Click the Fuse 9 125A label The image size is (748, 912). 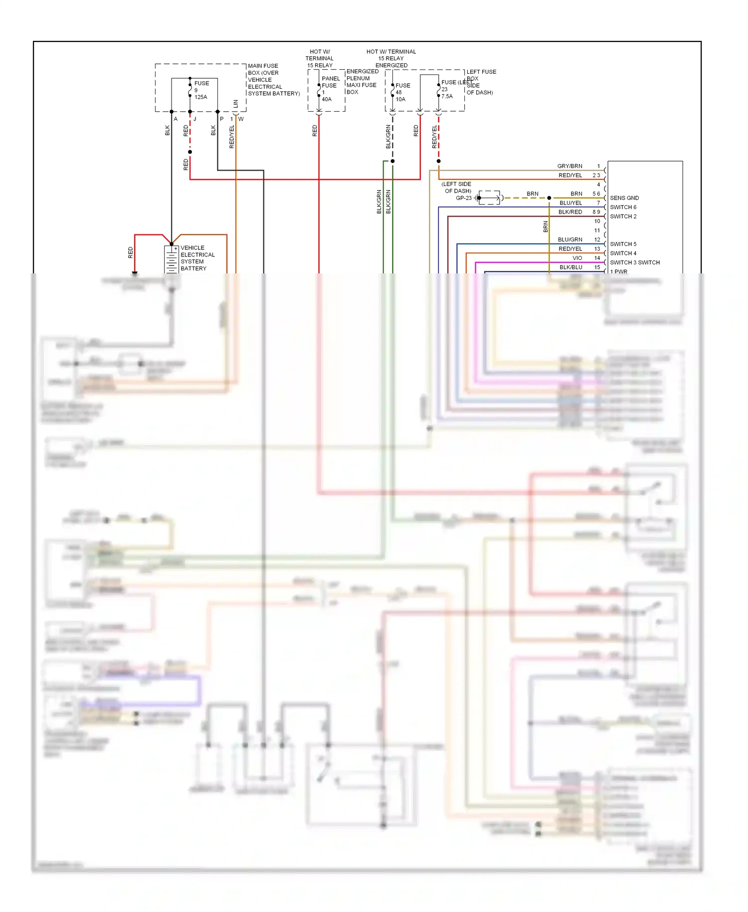click(201, 90)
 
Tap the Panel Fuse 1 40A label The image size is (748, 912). click(330, 89)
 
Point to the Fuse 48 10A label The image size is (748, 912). click(402, 92)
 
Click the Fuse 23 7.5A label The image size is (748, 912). click(448, 89)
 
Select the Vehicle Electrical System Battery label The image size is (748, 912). click(197, 258)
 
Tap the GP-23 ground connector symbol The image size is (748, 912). click(489, 198)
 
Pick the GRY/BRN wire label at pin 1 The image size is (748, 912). click(569, 166)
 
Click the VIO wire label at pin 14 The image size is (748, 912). click(577, 258)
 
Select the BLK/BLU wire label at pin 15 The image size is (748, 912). click(570, 267)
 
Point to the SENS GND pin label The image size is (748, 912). click(624, 198)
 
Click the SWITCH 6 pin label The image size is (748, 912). click(623, 207)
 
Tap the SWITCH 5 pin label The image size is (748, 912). click(623, 244)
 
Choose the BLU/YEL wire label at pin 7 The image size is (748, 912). click(570, 203)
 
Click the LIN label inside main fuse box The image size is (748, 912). click(235, 104)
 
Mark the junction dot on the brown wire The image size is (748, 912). click(549, 198)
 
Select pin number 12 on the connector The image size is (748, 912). click(597, 240)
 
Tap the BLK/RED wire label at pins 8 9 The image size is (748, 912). click(570, 212)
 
